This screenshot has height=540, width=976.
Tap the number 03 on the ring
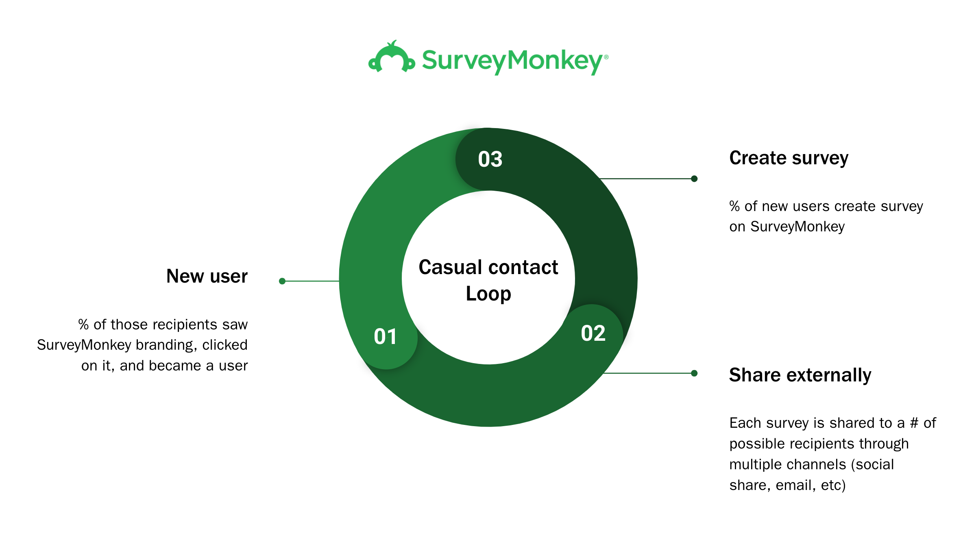(490, 159)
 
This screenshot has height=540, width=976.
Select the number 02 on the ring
(593, 333)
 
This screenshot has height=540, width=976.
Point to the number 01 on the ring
(385, 337)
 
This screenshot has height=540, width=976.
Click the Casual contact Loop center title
(488, 280)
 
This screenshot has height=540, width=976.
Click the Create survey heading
(789, 158)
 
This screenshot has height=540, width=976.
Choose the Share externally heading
(800, 375)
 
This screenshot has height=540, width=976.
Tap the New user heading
(207, 276)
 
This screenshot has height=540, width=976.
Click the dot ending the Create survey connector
(694, 179)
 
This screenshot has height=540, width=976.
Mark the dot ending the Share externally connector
(694, 373)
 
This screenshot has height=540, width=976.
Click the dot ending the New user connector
(282, 281)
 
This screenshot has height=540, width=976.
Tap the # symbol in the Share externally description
(914, 423)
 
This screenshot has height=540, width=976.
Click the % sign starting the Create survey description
(734, 206)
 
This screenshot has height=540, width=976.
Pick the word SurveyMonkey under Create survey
(797, 227)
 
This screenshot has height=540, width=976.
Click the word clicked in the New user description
(225, 345)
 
